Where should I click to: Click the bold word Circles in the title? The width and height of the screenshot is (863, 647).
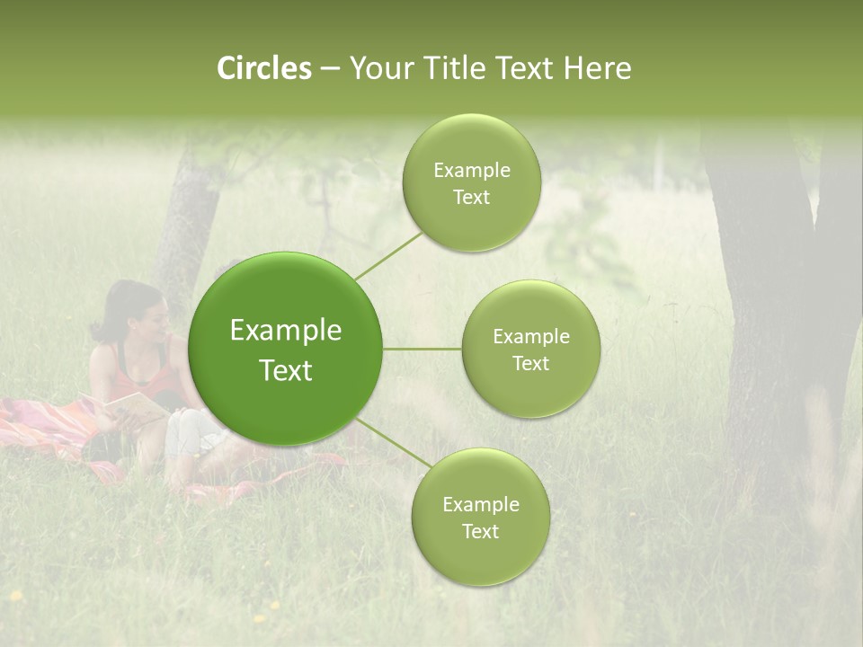264,68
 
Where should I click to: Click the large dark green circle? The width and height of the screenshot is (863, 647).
286,349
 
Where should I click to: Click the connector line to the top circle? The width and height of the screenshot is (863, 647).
388,255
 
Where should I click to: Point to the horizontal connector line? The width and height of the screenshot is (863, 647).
423,349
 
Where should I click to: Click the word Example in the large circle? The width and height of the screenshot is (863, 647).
286,331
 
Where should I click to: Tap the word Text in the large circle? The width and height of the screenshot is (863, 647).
286,370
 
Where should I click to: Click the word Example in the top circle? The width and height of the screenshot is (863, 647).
471,171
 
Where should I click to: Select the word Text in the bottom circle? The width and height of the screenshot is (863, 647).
480,531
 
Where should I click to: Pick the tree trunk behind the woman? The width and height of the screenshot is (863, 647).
187,225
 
